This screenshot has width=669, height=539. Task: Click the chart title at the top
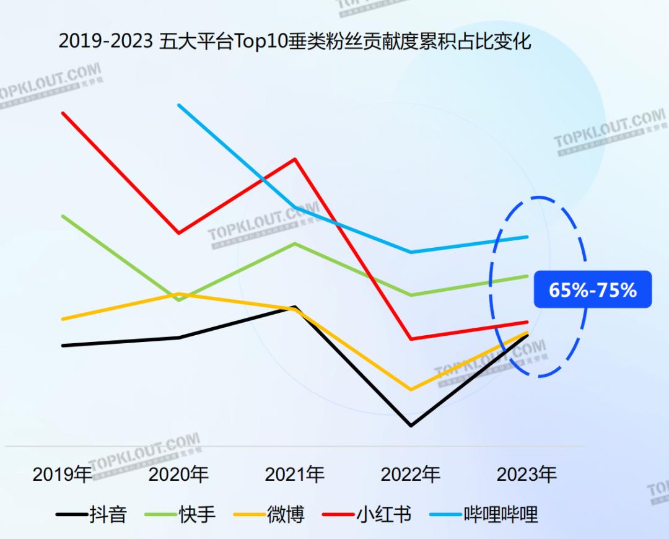point(295,42)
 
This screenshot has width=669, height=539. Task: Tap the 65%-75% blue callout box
point(592,289)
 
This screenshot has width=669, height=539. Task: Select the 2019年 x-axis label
point(62,475)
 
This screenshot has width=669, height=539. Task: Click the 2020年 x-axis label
point(178,475)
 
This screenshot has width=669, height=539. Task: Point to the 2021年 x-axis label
point(295,475)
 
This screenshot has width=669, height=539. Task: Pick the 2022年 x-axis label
point(411,475)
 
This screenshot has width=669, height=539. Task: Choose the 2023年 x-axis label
point(527,475)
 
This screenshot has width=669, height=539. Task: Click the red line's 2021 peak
point(295,159)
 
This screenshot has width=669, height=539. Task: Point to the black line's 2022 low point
point(411,426)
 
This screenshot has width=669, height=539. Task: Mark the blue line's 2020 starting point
point(179,105)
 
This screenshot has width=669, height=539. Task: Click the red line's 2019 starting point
point(63,113)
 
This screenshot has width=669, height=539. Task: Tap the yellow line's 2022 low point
point(411,390)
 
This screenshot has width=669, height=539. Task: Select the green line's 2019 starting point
point(63,216)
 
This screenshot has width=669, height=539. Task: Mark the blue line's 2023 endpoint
point(527,237)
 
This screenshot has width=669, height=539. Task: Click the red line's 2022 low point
point(411,339)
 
